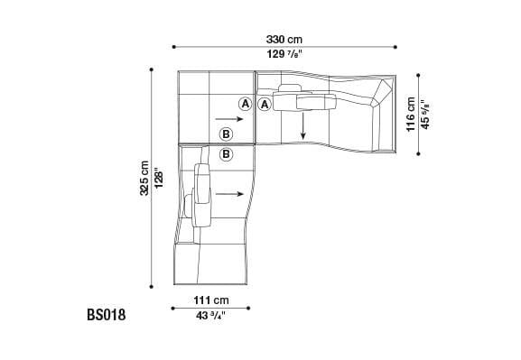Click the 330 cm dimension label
[x=284, y=39]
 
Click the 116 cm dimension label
[x=411, y=115]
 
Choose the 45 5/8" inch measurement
[x=425, y=115]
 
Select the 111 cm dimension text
[x=209, y=300]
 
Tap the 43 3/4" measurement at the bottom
[x=209, y=315]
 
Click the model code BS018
[x=106, y=316]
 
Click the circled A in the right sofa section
[x=265, y=104]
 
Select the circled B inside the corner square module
[x=226, y=134]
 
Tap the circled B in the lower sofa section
[x=226, y=154]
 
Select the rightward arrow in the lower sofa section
[x=230, y=192]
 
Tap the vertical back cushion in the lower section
[x=202, y=193]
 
